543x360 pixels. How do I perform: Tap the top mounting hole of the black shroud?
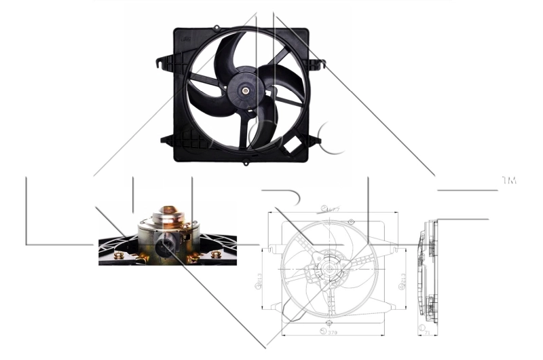point(217,28)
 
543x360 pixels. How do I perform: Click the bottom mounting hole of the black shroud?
point(246,163)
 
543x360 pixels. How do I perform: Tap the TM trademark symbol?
point(508,181)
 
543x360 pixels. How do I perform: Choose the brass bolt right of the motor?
point(216,255)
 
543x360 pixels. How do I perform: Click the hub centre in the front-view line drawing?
point(330,268)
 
